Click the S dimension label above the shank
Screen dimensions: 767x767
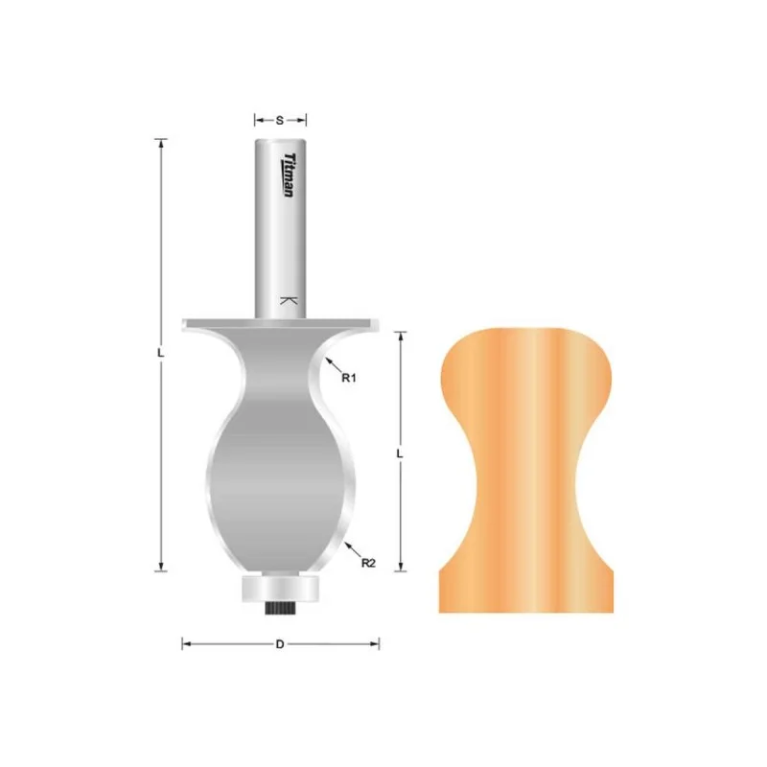pyautogui.click(x=280, y=120)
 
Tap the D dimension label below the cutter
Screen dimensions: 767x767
pyautogui.click(x=280, y=644)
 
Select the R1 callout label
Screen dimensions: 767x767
pyautogui.click(x=349, y=378)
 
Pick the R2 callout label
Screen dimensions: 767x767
pyautogui.click(x=368, y=563)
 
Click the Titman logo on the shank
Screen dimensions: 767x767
pyautogui.click(x=290, y=174)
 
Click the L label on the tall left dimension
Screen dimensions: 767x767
pyautogui.click(x=160, y=352)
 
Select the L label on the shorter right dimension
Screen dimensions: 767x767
pyautogui.click(x=400, y=453)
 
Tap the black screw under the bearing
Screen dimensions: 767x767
pyautogui.click(x=279, y=608)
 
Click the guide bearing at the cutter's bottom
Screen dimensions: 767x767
pyautogui.click(x=280, y=589)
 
